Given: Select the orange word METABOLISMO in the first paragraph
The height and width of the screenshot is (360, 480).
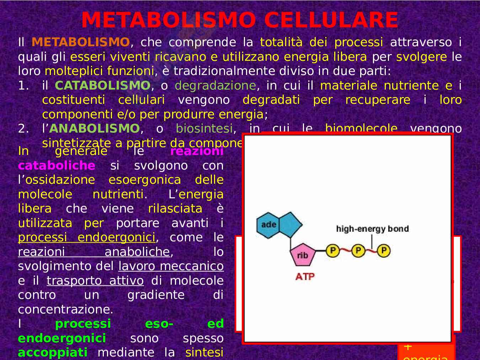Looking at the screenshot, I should tap(81, 42).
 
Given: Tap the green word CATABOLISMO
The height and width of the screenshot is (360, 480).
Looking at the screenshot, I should tap(102, 85).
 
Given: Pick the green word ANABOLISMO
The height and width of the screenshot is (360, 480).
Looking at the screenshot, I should tap(94, 128).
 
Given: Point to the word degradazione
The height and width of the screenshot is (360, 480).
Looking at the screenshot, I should tap(215, 85).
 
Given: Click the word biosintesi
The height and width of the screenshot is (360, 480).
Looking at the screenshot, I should tap(204, 128).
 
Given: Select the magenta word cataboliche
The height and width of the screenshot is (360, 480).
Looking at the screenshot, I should tap(57, 166).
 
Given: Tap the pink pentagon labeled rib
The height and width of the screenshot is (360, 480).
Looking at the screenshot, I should tap(302, 255).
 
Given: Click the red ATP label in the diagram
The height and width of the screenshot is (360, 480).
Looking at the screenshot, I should tap(305, 276).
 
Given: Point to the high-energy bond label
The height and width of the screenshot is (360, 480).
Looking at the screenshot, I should tap(372, 229).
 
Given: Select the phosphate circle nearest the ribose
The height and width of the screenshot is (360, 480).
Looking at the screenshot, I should tap(333, 251).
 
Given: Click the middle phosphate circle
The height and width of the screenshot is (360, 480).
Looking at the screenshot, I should tap(358, 251).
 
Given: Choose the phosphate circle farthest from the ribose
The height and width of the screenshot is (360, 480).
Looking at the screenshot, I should tap(384, 251).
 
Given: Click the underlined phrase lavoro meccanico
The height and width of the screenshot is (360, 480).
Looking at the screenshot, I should tap(171, 266).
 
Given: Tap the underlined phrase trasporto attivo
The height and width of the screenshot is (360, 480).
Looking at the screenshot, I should tap(95, 281).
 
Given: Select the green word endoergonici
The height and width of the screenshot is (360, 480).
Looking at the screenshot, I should tap(62, 338).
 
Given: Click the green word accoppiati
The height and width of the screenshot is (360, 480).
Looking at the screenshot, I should tap(53, 353).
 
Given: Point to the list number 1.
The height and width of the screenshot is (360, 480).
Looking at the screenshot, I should tap(23, 85).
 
